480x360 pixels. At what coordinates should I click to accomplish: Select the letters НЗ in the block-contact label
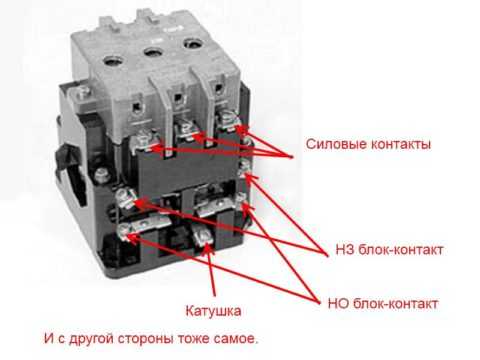345,250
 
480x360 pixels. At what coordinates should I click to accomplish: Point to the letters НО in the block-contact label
339,304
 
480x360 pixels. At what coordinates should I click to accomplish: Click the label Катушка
213,311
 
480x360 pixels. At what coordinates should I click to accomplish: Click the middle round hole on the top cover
153,52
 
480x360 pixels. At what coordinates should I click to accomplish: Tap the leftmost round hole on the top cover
113,60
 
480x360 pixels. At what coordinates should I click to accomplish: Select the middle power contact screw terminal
185,129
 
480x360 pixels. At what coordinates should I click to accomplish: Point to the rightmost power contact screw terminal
228,119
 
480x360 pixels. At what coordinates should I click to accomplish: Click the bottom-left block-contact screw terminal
125,230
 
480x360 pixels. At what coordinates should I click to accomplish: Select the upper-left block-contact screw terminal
124,197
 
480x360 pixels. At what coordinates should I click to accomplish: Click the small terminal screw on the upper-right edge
245,166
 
